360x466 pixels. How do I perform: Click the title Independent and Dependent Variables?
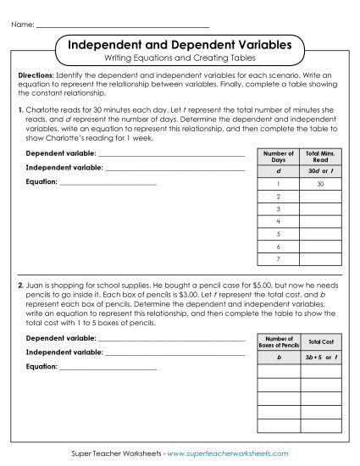coord(180,43)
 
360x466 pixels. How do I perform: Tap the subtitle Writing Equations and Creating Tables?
coord(180,58)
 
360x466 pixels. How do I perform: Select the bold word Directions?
coord(36,75)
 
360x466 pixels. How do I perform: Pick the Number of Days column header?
coord(278,157)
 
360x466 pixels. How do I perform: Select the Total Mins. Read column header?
coord(320,157)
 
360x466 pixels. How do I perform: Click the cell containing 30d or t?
coord(320,170)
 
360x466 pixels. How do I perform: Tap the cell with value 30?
coord(320,184)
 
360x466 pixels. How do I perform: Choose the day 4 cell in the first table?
coord(278,220)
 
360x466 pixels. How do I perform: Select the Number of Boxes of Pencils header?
coord(278,341)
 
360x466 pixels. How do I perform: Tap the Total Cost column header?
coord(320,341)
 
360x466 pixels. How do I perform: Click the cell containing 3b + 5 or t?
coord(320,358)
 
